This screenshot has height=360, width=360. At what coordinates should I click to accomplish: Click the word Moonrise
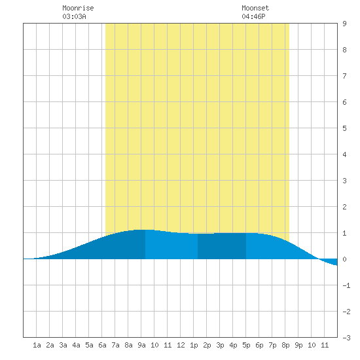point(78,8)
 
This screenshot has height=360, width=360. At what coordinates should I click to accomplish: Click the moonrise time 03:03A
point(74,16)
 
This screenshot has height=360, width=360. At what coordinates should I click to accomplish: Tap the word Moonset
point(255,8)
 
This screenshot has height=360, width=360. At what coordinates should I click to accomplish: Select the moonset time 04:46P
point(253,16)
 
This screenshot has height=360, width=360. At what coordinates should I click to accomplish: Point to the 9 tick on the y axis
point(344,24)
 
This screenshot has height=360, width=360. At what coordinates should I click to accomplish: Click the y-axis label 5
point(344,128)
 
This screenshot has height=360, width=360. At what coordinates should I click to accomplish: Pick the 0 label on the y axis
point(344,259)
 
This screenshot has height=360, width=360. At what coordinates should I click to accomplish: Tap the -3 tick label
point(346,338)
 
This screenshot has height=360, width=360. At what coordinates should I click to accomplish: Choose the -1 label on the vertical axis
point(346,285)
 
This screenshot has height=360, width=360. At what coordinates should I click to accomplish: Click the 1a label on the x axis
point(37,345)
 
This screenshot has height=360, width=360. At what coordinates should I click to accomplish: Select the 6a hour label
point(102,345)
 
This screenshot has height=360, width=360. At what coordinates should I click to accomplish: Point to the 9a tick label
point(141,345)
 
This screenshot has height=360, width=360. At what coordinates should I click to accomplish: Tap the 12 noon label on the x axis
point(181,345)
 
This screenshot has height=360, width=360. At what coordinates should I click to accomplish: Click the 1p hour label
point(194,345)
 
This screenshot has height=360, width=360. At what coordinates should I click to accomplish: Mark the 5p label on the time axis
point(246,345)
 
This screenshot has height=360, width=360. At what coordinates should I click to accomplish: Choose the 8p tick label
point(285,345)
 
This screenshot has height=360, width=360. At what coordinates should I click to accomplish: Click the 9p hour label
point(298,345)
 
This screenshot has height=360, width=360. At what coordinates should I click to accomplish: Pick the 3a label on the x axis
point(63,345)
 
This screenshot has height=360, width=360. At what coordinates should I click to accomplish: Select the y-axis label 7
point(344,76)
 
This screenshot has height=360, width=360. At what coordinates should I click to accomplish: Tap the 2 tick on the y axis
point(344,207)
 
